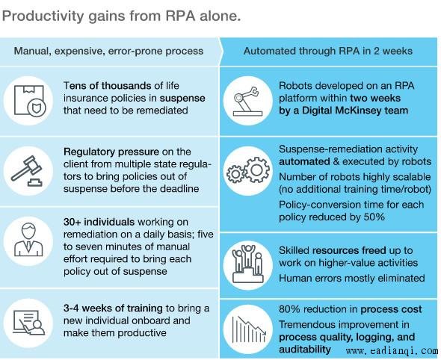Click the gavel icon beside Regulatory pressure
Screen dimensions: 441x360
click(x=27, y=171)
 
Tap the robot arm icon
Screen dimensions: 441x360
click(x=247, y=101)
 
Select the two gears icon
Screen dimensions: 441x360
click(x=248, y=170)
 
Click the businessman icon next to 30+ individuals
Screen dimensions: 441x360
click(x=28, y=240)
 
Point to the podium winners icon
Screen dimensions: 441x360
click(x=247, y=264)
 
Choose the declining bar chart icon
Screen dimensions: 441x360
click(x=249, y=329)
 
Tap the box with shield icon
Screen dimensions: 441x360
click(x=29, y=101)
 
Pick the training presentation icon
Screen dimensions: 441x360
click(x=29, y=323)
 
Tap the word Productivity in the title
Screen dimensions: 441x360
click(x=43, y=16)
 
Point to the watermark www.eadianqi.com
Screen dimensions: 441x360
click(x=392, y=351)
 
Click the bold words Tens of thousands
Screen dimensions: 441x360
click(x=107, y=85)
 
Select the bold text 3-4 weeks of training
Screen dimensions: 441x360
click(x=113, y=308)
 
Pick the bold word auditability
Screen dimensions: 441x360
click(x=305, y=350)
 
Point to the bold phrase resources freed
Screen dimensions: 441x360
click(x=349, y=250)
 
